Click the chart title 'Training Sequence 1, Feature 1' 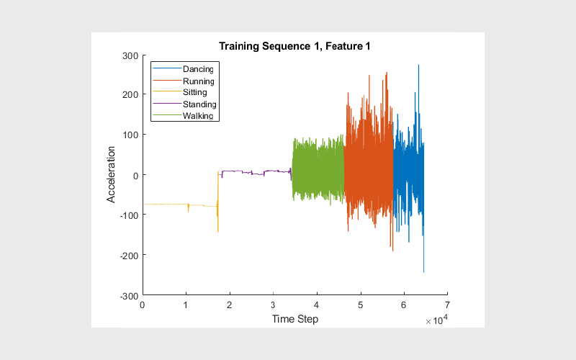294,46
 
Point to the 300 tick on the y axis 130,56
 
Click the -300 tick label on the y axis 129,296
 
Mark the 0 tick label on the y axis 135,176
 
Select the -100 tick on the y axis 129,215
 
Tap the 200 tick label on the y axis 130,95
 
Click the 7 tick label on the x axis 447,305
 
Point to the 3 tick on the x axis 273,305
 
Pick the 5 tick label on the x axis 361,305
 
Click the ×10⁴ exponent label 437,320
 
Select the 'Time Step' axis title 295,319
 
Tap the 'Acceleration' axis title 111,174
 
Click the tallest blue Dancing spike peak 418,66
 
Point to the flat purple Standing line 256,172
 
